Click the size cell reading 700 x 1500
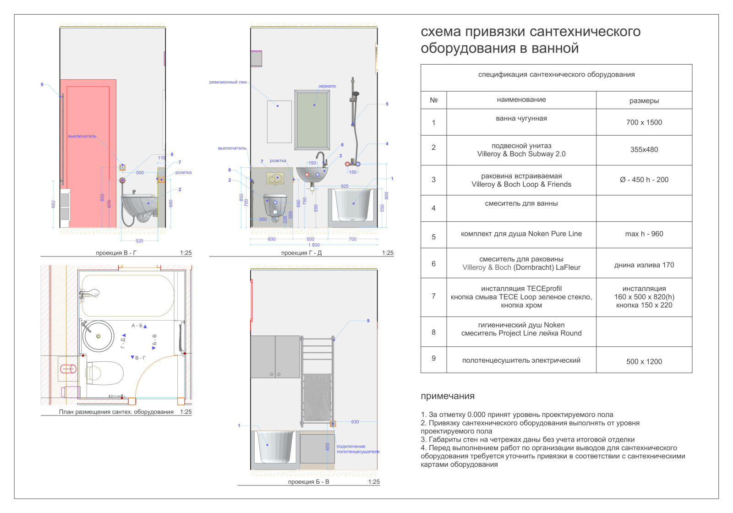644,122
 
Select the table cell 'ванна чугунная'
521,119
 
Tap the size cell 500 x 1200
644,361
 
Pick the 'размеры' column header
644,101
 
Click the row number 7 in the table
433,296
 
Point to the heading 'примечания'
447,396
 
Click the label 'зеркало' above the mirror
327,86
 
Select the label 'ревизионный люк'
228,82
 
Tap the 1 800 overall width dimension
313,245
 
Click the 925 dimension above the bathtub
345,186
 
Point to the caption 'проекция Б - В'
308,482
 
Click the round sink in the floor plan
98,336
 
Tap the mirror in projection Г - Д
312,120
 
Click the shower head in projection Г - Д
355,94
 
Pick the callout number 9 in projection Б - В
368,321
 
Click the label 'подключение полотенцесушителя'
358,449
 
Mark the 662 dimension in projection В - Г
54,204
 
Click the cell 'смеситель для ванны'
521,204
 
